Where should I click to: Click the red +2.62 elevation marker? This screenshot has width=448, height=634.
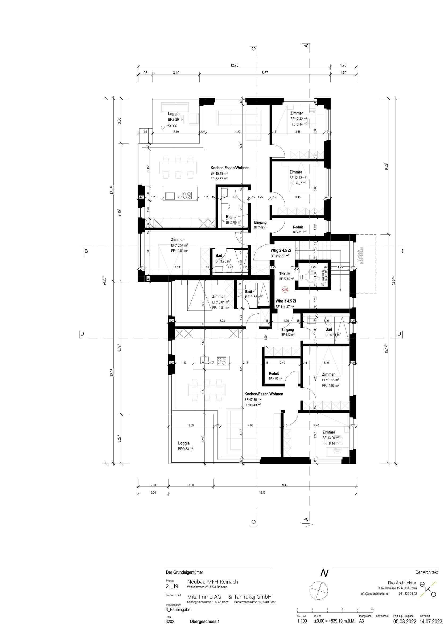285,290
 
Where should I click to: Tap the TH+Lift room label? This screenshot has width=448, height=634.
284,273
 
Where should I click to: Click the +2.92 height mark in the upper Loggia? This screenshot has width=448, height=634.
172,125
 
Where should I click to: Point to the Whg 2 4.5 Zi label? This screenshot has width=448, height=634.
281,250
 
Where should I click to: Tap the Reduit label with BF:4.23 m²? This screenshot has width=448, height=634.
298,227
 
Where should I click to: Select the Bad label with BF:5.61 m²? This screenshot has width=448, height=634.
329,329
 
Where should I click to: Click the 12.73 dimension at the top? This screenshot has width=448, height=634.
234,66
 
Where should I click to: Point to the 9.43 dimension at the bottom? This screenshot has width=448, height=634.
285,485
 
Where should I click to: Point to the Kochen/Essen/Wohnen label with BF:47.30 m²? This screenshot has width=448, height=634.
264,394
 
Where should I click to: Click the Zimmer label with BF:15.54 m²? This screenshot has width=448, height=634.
177,240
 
